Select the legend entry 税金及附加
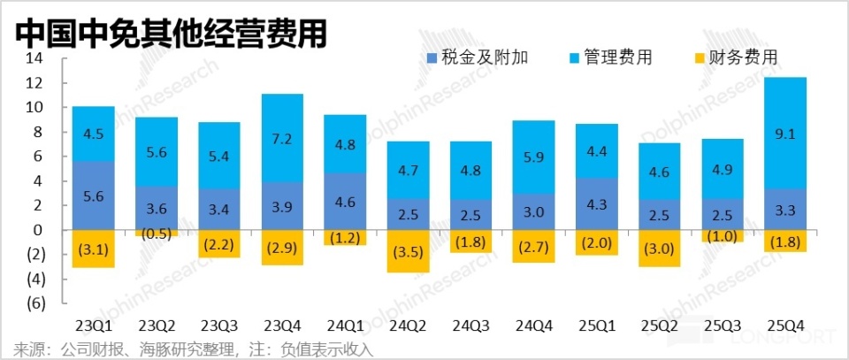click(x=478, y=58)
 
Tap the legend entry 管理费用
click(x=609, y=58)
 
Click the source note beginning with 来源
click(x=194, y=349)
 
